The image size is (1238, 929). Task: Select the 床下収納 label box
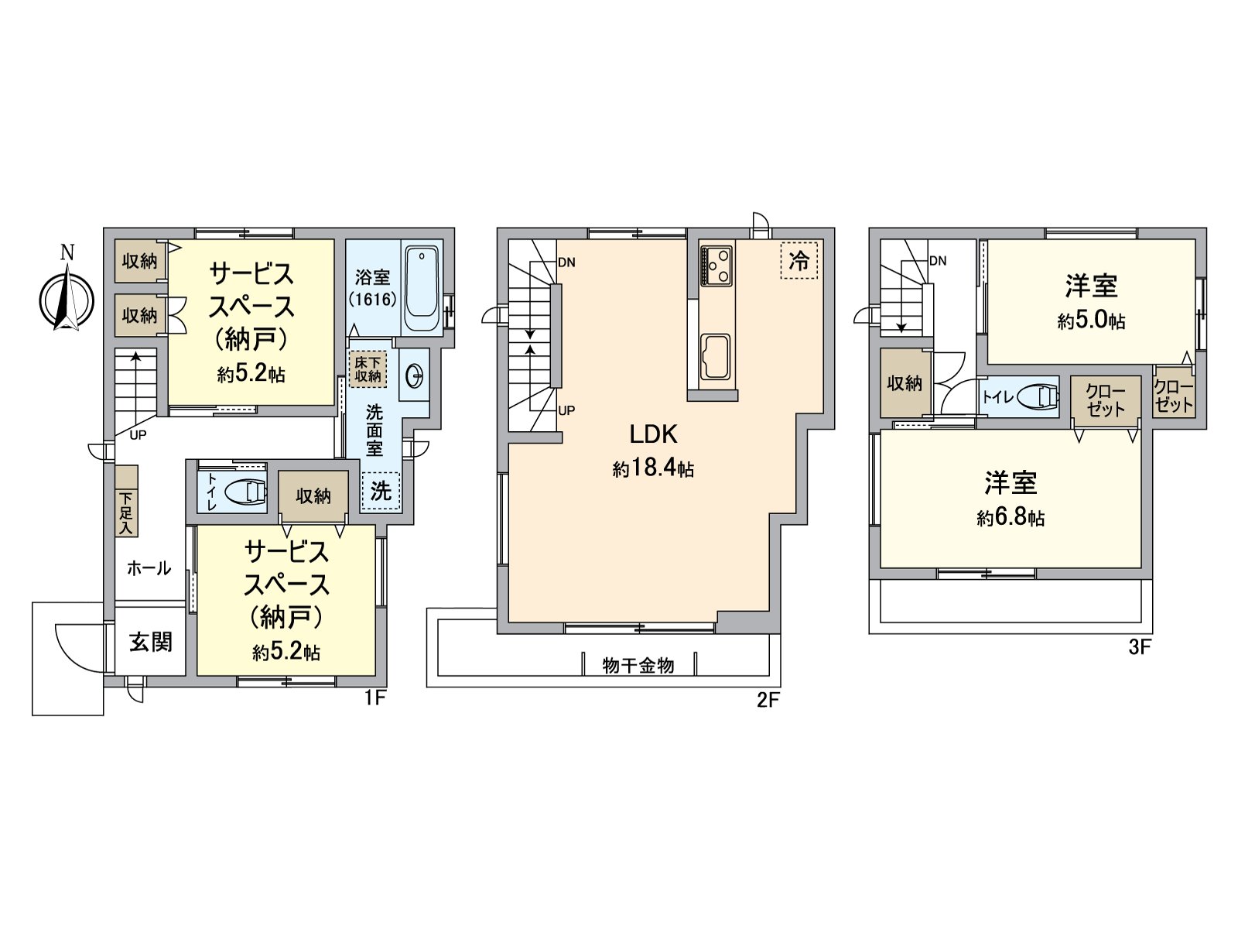click(368, 369)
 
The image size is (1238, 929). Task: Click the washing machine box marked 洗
click(381, 491)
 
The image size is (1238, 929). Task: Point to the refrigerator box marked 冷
click(799, 260)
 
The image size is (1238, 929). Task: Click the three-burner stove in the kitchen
click(716, 266)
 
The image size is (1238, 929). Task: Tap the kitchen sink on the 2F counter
click(716, 357)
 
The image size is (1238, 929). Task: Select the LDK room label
click(654, 434)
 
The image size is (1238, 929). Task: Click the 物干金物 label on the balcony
click(638, 666)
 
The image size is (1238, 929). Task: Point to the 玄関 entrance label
click(150, 642)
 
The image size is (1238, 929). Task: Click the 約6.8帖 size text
click(1011, 518)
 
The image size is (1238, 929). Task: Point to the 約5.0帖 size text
click(1091, 321)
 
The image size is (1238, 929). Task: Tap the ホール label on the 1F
click(149, 568)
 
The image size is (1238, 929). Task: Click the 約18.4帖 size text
click(654, 468)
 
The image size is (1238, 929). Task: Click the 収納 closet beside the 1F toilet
click(313, 495)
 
